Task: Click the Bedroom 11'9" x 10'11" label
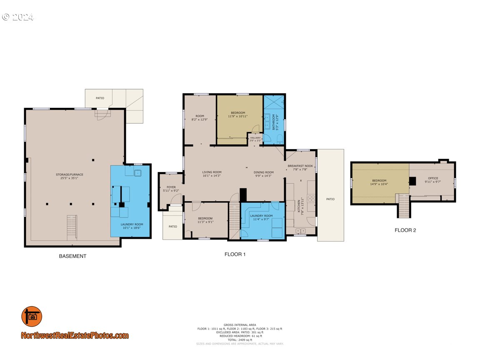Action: point(238,114)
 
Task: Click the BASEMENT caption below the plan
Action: point(72,256)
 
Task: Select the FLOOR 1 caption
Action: point(235,254)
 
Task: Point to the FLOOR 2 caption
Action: point(405,230)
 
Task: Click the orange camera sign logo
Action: point(32,317)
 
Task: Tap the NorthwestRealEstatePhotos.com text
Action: point(75,335)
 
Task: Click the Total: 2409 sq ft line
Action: point(240,340)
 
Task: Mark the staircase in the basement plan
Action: point(72,228)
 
